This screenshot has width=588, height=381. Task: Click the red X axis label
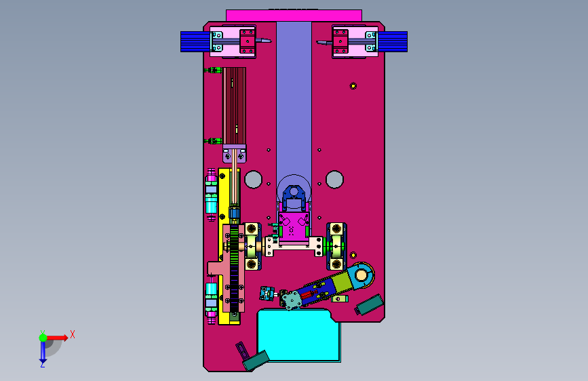(x=73, y=334)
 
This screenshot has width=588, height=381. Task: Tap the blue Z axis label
(x=42, y=364)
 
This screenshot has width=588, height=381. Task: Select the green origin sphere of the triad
(x=43, y=338)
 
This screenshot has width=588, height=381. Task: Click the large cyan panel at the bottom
(x=298, y=335)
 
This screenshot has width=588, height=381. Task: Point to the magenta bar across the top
(x=294, y=16)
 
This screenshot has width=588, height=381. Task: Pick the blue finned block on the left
(x=195, y=41)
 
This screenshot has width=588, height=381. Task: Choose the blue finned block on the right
(x=392, y=41)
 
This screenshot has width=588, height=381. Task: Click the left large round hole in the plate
(x=253, y=180)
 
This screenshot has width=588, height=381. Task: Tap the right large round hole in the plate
(x=334, y=180)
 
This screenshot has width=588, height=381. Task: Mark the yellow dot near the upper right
(x=353, y=86)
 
